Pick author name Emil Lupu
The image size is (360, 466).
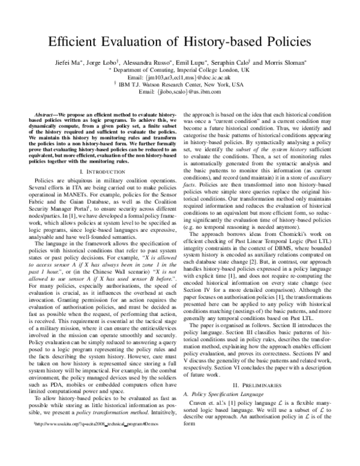coord(199,63)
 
